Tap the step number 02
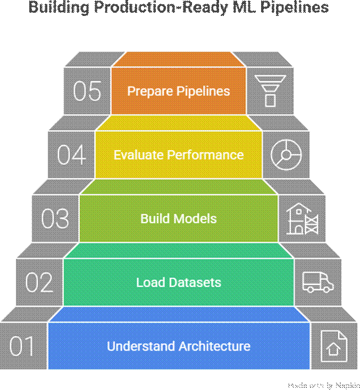(39, 282)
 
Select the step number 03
(55, 219)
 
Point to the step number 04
(71, 155)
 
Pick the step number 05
(87, 91)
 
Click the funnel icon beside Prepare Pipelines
(270, 90)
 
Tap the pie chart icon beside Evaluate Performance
(286, 155)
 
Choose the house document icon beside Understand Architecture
(333, 346)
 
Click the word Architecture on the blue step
(214, 346)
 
